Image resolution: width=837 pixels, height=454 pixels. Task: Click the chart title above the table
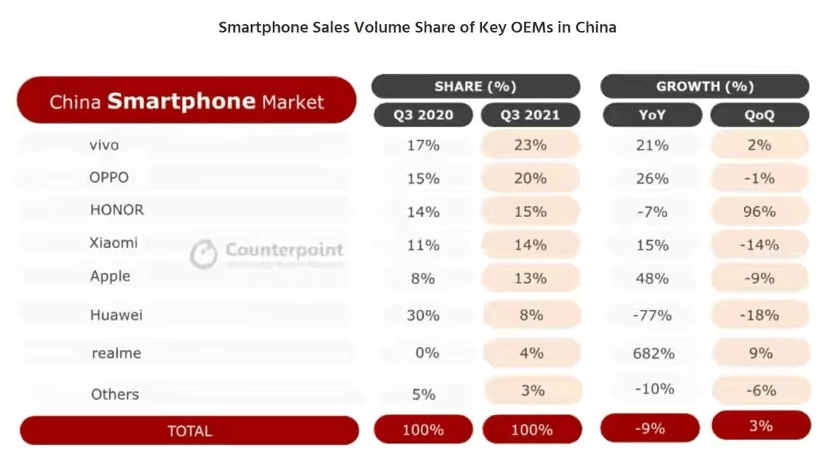click(x=418, y=27)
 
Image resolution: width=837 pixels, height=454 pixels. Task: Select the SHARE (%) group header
click(x=475, y=86)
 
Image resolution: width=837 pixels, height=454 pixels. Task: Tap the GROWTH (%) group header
click(x=704, y=86)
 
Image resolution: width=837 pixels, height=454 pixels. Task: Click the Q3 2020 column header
click(x=422, y=115)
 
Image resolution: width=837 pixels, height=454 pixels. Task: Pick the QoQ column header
click(x=759, y=115)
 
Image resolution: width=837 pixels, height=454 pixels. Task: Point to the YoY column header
click(x=652, y=115)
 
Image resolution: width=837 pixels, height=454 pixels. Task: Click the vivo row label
click(x=104, y=144)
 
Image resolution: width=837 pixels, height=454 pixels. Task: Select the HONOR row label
click(x=116, y=209)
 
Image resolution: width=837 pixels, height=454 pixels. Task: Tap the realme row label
click(x=116, y=353)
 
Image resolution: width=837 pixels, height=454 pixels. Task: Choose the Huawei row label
click(x=116, y=315)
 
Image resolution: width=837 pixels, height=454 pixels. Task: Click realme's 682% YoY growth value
click(x=653, y=353)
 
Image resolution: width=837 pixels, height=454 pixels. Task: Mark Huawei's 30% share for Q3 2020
click(x=423, y=315)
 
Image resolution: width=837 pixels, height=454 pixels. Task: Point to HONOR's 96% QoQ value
click(x=759, y=211)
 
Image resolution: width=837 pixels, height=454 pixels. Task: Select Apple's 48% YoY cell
click(x=652, y=277)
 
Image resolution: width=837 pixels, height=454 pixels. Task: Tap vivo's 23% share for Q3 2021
click(x=531, y=144)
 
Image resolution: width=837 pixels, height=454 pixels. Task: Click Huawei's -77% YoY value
click(x=652, y=315)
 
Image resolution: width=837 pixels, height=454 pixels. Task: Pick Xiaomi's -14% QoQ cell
click(x=759, y=245)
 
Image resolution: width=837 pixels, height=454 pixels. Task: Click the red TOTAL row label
click(x=189, y=431)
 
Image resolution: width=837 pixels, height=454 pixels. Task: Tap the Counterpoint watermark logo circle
click(x=204, y=253)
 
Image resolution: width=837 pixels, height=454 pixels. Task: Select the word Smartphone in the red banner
click(x=181, y=101)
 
